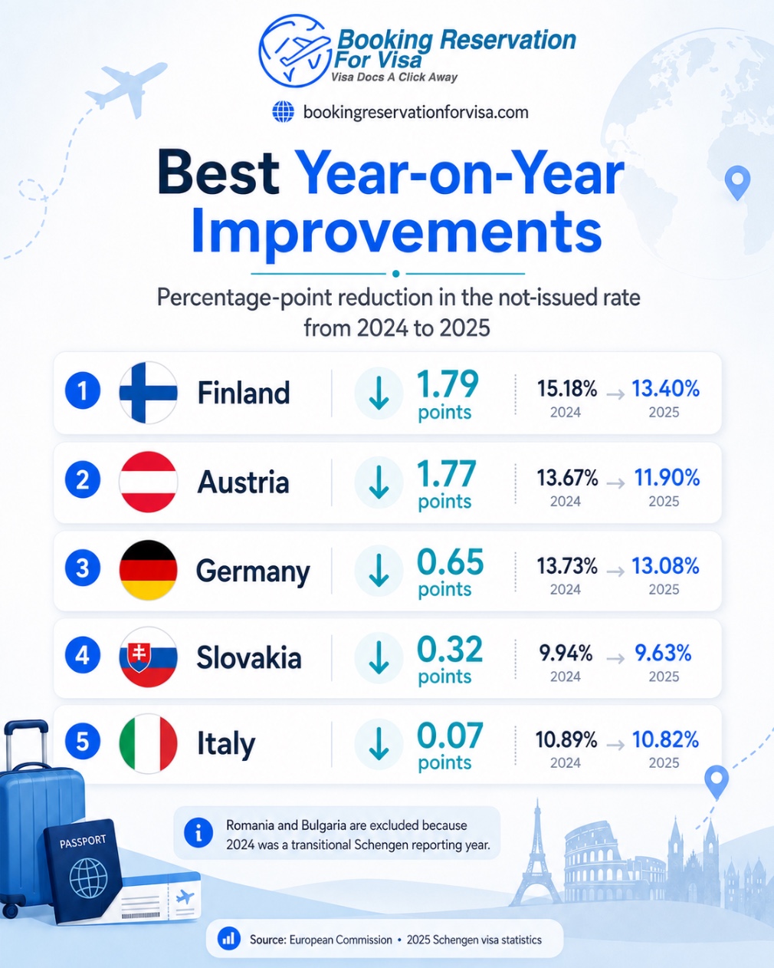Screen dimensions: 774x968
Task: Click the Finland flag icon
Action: tap(148, 392)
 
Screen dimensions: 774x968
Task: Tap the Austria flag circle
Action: tap(148, 481)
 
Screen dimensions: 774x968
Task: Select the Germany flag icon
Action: tap(148, 569)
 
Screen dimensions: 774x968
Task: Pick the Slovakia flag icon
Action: tap(148, 657)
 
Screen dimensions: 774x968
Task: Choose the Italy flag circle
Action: tap(148, 743)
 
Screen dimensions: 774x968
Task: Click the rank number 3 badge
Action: tap(83, 568)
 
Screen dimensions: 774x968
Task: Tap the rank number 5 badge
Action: tap(83, 741)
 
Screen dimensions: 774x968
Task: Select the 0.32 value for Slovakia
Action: tap(450, 649)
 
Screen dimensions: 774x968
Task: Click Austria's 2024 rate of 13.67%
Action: tap(567, 477)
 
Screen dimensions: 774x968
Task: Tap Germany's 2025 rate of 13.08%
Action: tap(666, 565)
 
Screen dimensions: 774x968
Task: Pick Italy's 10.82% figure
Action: tap(666, 739)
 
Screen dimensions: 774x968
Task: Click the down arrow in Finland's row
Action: tap(379, 393)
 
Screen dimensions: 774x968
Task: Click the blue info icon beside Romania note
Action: tap(198, 832)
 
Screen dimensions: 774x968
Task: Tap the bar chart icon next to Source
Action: tap(228, 939)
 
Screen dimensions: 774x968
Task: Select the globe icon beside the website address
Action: tap(284, 112)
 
